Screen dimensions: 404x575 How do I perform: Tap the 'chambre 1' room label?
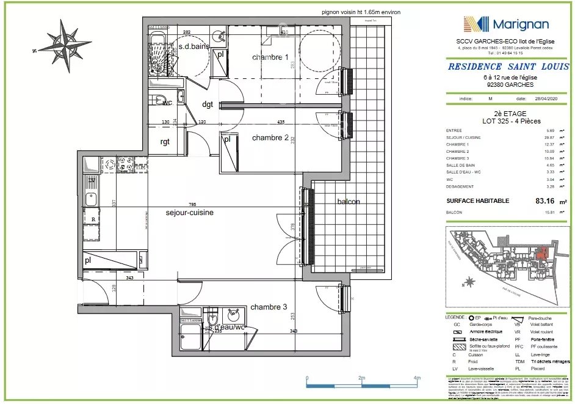(270, 57)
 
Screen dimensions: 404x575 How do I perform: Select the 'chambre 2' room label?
(270, 138)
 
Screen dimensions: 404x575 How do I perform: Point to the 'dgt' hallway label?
(208, 105)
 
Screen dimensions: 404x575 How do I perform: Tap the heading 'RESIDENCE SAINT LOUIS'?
(508, 67)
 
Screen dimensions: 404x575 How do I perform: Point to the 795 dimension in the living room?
(192, 204)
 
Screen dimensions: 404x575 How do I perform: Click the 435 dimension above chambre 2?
(281, 122)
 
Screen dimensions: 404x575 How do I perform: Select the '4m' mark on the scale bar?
(416, 378)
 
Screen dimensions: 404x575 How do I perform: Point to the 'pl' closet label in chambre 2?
(226, 139)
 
